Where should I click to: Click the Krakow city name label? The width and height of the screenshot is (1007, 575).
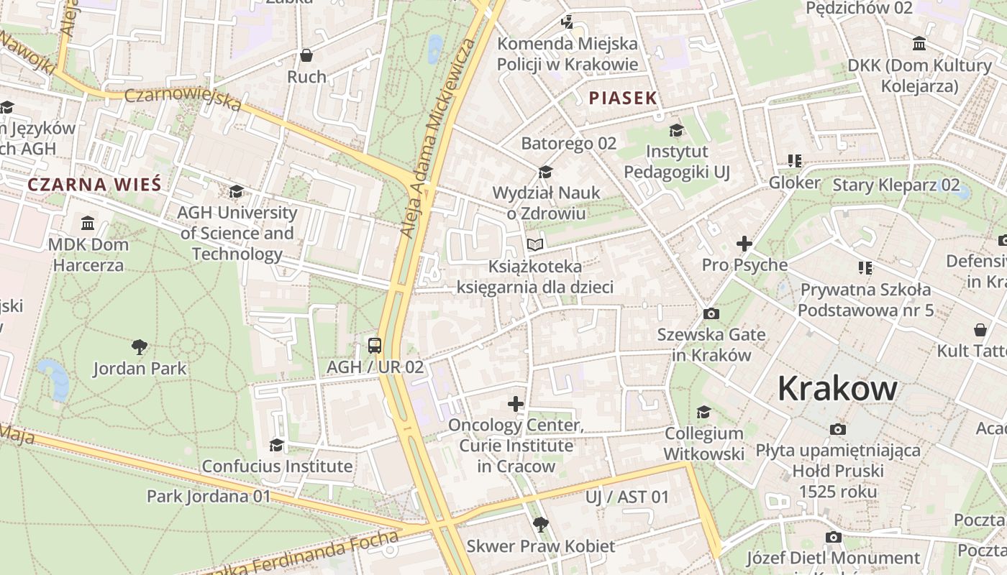pos(837,389)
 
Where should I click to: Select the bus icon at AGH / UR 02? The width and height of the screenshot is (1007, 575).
pos(375,345)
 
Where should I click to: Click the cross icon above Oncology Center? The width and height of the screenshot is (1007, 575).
pos(516,404)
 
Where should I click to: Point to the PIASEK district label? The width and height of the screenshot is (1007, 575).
pos(623,98)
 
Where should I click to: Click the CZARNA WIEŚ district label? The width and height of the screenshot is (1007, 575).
pos(94,185)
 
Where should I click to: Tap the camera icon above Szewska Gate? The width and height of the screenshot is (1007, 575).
pos(711,314)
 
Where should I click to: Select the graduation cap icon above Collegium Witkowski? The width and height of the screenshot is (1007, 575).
pos(703,413)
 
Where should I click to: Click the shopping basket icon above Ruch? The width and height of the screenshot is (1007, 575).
pos(306,55)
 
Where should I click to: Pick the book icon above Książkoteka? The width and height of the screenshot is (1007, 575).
pos(534,245)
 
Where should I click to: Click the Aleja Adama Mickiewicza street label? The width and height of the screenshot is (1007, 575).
pos(439,137)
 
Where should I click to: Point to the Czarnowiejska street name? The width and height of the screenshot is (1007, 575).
pos(183,100)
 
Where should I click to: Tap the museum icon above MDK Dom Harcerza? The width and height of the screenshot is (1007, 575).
pos(88,223)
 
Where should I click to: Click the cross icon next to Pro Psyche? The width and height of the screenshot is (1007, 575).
pos(744,244)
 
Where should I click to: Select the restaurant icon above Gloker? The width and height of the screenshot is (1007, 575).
pos(794,161)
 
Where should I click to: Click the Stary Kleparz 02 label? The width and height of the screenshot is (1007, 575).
pos(896,185)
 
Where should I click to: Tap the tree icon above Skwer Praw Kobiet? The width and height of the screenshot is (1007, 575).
pos(540,524)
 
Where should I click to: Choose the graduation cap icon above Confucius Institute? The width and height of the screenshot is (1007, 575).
pos(276,445)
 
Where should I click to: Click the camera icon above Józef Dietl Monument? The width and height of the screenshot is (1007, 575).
pos(833,537)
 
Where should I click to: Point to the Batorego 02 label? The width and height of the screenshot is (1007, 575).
pos(568,143)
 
